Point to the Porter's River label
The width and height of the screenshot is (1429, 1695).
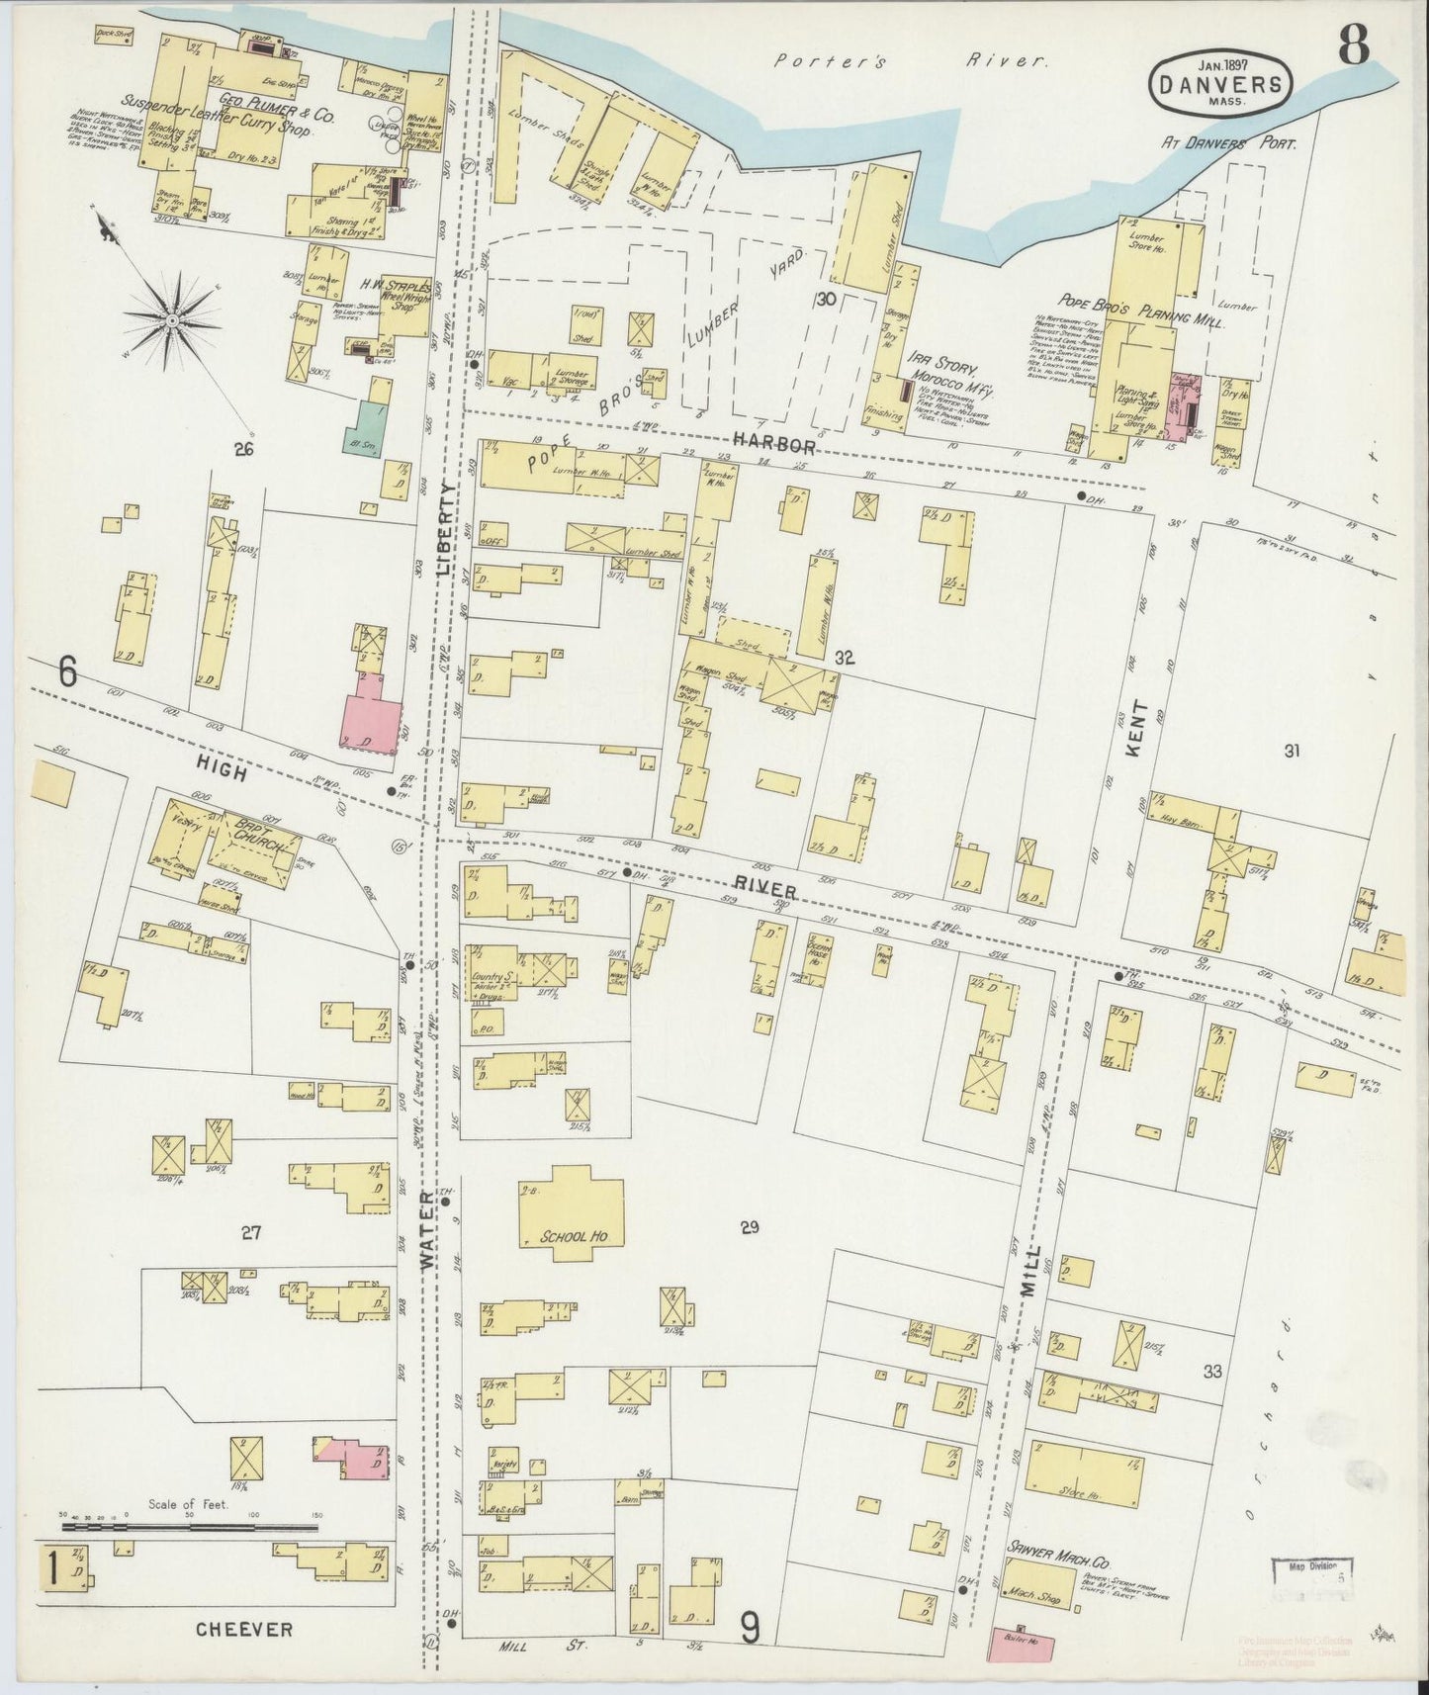pyautogui.click(x=910, y=61)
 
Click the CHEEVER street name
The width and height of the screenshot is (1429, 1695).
pyautogui.click(x=243, y=1627)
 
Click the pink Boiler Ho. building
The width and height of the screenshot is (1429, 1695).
pyautogui.click(x=1022, y=1646)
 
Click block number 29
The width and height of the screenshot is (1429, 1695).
pyautogui.click(x=749, y=1227)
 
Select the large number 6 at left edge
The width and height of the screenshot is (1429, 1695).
pyautogui.click(x=67, y=673)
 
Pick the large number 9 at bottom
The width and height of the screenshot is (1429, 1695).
pyautogui.click(x=751, y=1626)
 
